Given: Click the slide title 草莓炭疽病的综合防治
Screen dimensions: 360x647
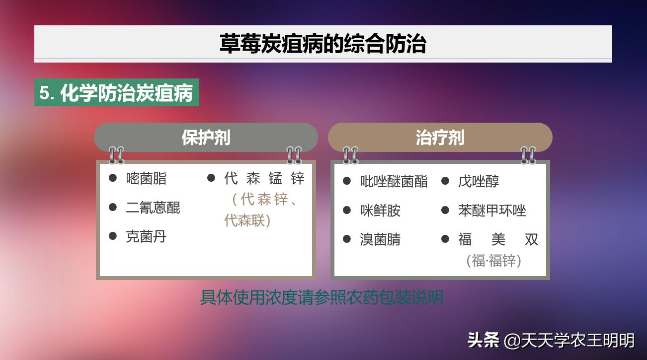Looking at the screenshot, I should [x=323, y=44].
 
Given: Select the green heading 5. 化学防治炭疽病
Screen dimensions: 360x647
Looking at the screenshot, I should [x=116, y=93].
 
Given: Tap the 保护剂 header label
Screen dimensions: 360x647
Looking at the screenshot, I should [x=206, y=138].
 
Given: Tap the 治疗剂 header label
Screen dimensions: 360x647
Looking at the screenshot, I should [x=440, y=138].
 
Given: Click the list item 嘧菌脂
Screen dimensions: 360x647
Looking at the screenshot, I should [x=146, y=178].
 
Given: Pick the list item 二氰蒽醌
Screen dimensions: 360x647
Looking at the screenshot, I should [x=153, y=208].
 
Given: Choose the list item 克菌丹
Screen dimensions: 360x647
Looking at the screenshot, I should [x=146, y=236].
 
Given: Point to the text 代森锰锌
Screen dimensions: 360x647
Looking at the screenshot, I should [x=264, y=178].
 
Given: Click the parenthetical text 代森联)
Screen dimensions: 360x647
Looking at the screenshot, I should [x=247, y=220].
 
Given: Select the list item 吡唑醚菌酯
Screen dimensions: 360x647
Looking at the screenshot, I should [x=394, y=181].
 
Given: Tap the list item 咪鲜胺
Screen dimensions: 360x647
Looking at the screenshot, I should [x=380, y=211].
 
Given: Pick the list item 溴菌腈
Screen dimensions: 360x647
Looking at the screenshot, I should [x=380, y=239].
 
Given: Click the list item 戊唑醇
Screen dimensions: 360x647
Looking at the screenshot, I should [x=479, y=181].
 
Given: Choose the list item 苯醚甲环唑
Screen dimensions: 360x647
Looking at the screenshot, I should [x=492, y=211].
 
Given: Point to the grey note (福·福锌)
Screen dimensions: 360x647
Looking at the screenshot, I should [x=494, y=260].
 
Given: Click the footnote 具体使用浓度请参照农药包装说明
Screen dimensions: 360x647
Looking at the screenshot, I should [x=322, y=297].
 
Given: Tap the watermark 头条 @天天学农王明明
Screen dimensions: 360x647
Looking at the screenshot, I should [x=551, y=340].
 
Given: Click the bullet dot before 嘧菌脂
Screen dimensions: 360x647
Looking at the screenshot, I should [x=113, y=178].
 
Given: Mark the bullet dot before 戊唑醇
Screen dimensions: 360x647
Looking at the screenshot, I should [x=445, y=181].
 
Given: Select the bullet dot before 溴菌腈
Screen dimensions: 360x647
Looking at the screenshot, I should [x=347, y=239].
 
